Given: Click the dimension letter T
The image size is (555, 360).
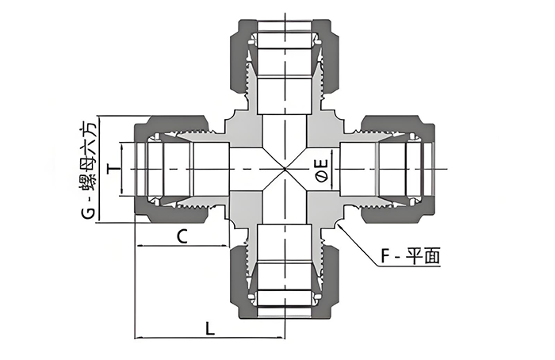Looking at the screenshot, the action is (x=114, y=169).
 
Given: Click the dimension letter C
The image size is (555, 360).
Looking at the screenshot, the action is (x=182, y=236).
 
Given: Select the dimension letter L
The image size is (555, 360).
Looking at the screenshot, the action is (x=210, y=327).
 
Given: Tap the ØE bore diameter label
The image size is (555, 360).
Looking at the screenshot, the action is (x=322, y=171).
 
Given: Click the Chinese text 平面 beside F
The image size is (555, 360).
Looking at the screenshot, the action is (x=423, y=256).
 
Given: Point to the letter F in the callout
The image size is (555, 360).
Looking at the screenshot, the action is (x=385, y=256).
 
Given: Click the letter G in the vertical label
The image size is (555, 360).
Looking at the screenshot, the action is (x=89, y=213).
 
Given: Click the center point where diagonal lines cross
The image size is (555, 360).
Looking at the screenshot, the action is (x=285, y=169).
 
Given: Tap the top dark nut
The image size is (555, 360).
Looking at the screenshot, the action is (x=285, y=56).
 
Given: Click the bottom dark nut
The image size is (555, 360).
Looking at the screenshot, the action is (x=285, y=281).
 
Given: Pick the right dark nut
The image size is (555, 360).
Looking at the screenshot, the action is (x=397, y=169).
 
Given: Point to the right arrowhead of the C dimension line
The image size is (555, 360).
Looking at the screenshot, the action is (x=226, y=245).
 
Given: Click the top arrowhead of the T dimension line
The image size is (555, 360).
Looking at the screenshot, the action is (x=121, y=146).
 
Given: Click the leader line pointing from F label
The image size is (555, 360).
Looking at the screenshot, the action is (x=357, y=244).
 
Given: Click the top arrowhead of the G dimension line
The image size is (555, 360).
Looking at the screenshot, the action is (x=100, y=119).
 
